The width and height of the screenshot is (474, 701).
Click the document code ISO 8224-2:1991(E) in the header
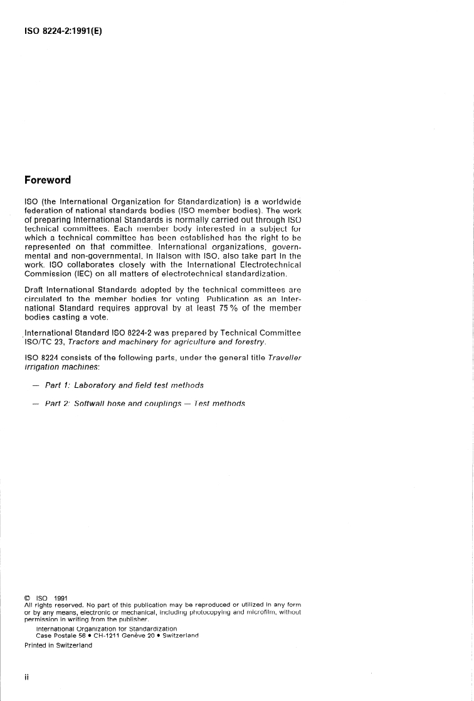tap(63, 29)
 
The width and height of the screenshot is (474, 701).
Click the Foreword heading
tap(48, 180)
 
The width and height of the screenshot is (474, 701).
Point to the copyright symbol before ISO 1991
tap(28, 597)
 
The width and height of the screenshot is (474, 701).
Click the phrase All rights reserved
tap(51, 604)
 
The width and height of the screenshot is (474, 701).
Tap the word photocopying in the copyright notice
tap(213, 611)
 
